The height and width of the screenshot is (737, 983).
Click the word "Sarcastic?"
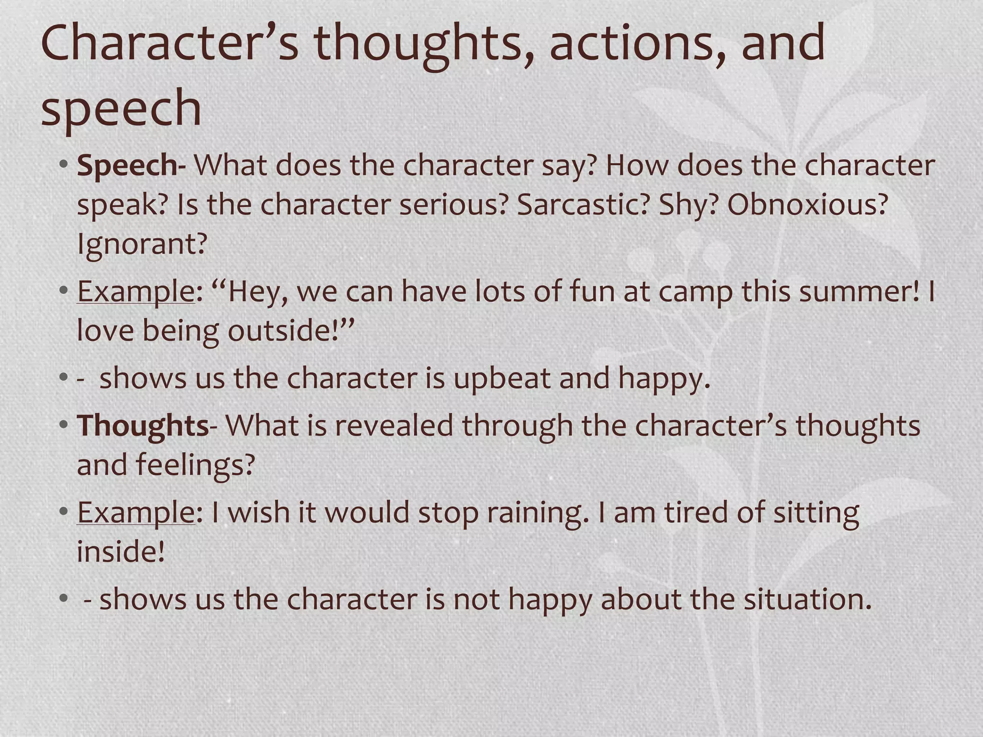[583, 205]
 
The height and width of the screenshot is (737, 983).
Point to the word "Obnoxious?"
[808, 205]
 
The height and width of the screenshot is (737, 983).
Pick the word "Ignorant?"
[142, 244]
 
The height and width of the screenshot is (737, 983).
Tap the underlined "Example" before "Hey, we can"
[136, 292]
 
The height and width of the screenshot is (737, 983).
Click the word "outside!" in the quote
[291, 331]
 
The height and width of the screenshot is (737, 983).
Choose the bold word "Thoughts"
[143, 426]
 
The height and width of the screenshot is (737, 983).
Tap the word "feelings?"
[195, 465]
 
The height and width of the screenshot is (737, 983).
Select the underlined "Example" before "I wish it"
[136, 513]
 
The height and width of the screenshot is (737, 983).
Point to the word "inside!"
[121, 552]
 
